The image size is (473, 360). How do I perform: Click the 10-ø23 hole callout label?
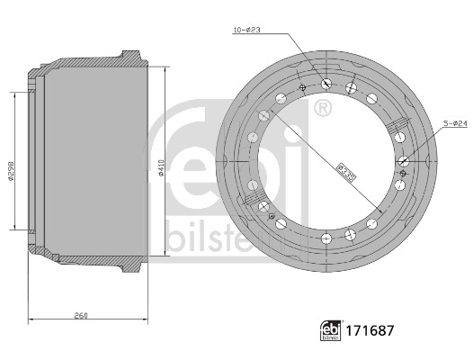pos(247,30)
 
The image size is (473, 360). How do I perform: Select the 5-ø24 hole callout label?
pos(455,123)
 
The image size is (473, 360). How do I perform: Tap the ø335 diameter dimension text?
pos(346,173)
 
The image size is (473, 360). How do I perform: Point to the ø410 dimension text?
pos(160,167)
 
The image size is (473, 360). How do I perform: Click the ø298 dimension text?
pos(11,172)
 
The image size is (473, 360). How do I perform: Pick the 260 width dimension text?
pos(81,316)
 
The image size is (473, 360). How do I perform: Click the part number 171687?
pos(370,330)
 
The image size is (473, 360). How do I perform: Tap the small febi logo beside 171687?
pos(331,330)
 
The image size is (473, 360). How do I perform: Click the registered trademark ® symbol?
pos(323,107)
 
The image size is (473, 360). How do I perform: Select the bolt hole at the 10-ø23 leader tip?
pos(326,84)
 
